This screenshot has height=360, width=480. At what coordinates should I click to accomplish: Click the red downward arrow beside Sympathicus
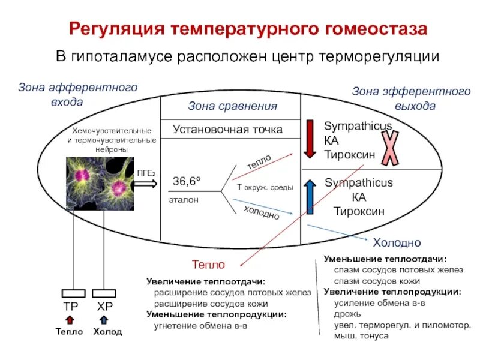[x=310, y=139]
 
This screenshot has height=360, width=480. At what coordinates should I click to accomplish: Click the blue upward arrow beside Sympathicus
[x=310, y=197]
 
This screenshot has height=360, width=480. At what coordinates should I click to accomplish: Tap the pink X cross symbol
[x=390, y=148]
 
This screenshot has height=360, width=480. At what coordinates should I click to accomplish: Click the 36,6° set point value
[x=187, y=181]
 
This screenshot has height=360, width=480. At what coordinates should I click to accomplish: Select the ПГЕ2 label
[x=146, y=173]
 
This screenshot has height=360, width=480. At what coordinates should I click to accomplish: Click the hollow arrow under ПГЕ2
[x=146, y=185]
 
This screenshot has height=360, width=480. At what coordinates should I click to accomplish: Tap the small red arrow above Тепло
[x=70, y=320]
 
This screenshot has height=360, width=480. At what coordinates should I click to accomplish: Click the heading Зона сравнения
[x=233, y=106]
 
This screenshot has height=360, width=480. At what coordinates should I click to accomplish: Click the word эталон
[x=184, y=199]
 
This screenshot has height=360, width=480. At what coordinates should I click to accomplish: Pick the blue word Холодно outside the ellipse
[x=397, y=243]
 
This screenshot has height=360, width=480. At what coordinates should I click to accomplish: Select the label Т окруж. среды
[x=265, y=188]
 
